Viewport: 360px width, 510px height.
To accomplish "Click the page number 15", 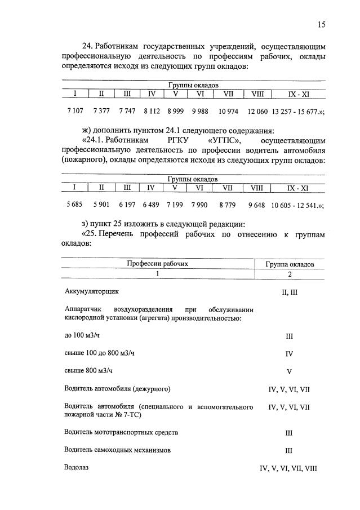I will pos(321,24).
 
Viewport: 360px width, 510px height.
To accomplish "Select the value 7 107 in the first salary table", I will pos(74,111).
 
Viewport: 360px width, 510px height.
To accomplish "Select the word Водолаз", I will pos(77,467).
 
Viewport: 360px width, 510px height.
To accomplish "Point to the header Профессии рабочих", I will pos(157,263).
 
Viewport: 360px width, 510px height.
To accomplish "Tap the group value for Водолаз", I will pos(288,468).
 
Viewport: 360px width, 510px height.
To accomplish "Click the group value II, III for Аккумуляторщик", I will pos(289,292).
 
